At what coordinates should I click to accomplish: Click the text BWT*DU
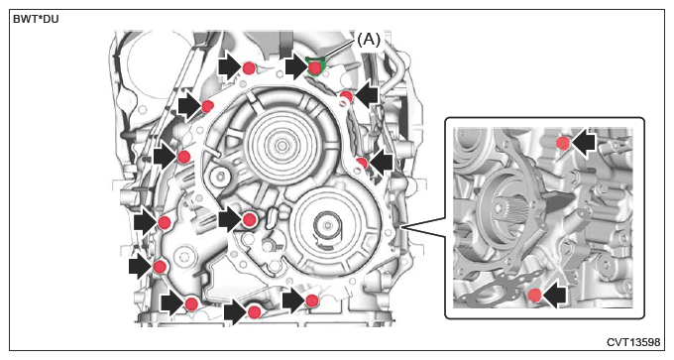point(36,20)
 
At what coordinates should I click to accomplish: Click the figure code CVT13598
point(633,342)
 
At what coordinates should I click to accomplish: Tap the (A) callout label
point(369,39)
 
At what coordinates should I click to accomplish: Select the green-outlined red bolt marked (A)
point(315,67)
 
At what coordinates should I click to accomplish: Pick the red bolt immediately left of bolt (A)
point(249,68)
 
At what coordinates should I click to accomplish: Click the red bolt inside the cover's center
point(250,220)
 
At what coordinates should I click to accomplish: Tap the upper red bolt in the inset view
point(563,143)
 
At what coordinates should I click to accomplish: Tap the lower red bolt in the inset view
point(534,296)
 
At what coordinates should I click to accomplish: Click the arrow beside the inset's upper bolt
point(583,143)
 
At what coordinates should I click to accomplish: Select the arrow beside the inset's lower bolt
point(554,296)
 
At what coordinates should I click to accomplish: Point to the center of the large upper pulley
point(281,146)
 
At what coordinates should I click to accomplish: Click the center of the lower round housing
point(327,225)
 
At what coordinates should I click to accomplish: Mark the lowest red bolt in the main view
point(255,311)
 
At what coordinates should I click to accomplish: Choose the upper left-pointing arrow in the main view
point(367,95)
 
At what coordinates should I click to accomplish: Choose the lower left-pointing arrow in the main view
point(381,163)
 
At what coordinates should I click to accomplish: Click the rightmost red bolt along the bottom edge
point(311,300)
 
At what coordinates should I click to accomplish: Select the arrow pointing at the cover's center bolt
point(230,219)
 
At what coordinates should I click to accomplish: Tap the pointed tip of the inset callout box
point(401,225)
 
